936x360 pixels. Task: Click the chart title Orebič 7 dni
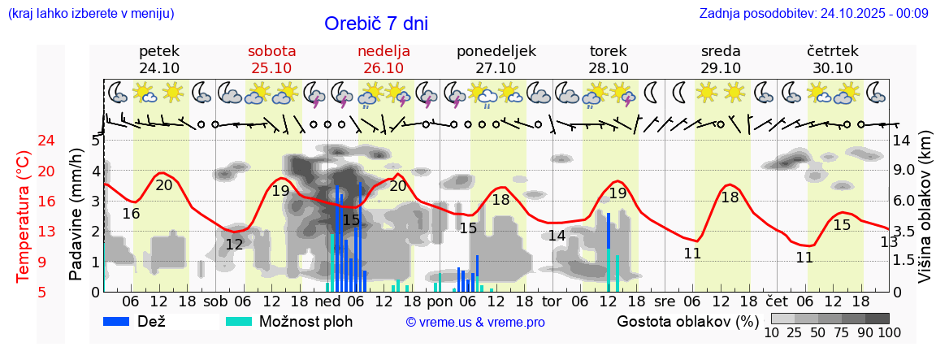click(x=375, y=24)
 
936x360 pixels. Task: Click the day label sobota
click(x=271, y=51)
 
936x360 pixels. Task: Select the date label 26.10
click(x=383, y=68)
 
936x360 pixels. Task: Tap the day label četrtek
click(x=833, y=51)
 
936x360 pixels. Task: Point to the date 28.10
click(x=609, y=68)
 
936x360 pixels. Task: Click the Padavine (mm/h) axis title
click(x=76, y=214)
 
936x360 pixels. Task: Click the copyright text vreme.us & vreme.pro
click(x=475, y=322)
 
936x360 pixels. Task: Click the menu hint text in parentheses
click(x=90, y=14)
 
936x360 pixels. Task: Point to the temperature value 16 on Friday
click(x=131, y=214)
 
